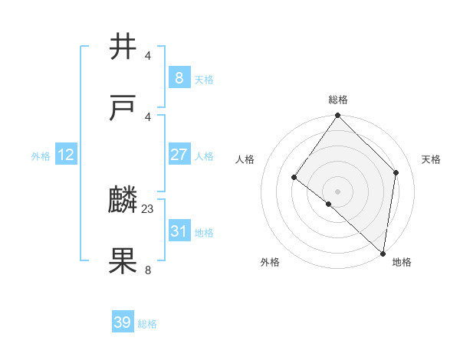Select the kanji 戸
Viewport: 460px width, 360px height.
123,109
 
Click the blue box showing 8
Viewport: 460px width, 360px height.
179,77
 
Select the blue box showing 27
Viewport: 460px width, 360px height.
179,155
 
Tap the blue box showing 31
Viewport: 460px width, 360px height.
179,231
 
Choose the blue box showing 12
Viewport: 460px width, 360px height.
66,155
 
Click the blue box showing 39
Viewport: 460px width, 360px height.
122,322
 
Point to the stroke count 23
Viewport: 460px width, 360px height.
148,208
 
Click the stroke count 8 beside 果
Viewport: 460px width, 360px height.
148,270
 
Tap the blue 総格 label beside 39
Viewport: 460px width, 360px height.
147,324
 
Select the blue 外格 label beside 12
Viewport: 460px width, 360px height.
41,156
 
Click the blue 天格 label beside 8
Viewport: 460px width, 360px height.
204,79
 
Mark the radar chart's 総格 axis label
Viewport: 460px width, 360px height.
338,100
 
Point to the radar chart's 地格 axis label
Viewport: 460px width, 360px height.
402,262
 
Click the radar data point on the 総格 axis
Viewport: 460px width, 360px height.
338,116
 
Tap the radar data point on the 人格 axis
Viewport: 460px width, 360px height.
294,178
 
